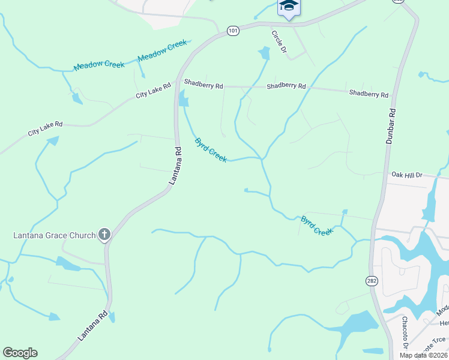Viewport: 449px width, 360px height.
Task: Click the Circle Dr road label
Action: click(279, 43)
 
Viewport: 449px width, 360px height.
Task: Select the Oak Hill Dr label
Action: click(407, 175)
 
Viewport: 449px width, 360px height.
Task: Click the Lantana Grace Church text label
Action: click(55, 235)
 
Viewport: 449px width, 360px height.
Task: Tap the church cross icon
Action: click(104, 235)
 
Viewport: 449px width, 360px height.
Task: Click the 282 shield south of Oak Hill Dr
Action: click(371, 280)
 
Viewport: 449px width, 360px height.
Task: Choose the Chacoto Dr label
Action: click(405, 333)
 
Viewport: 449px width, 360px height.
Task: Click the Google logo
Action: click(20, 353)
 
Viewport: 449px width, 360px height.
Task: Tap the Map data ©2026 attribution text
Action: click(423, 355)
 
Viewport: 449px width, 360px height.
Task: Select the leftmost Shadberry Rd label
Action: click(203, 85)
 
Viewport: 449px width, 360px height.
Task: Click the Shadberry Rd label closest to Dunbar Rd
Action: click(369, 94)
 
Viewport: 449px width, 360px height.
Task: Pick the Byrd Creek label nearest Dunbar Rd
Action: click(316, 226)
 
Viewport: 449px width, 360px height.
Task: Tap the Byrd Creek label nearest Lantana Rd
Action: click(211, 150)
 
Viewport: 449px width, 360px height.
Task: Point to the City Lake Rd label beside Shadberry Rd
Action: click(153, 91)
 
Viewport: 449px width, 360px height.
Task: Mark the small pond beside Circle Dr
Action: click(264, 53)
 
